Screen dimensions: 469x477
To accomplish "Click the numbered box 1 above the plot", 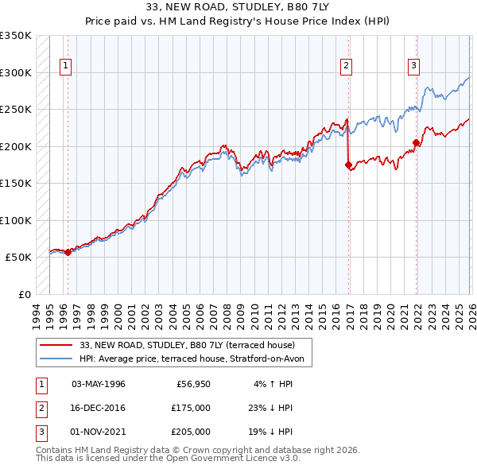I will [65, 67].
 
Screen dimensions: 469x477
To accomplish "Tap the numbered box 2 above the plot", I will [347, 67].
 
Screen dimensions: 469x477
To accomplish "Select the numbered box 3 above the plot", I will [414, 67].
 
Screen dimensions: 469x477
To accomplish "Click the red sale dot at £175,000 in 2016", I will [348, 165].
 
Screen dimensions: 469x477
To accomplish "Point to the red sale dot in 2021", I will [416, 143].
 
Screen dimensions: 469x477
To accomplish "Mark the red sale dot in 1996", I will [68, 252].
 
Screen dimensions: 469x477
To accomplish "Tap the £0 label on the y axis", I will [23, 294].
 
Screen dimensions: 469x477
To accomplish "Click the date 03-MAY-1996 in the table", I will [98, 384].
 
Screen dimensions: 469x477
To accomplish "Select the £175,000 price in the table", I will [190, 408].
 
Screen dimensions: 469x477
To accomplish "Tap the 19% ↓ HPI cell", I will [270, 432].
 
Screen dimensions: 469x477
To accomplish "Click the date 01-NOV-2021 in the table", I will [98, 432].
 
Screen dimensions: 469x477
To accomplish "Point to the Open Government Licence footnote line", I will [168, 459].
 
